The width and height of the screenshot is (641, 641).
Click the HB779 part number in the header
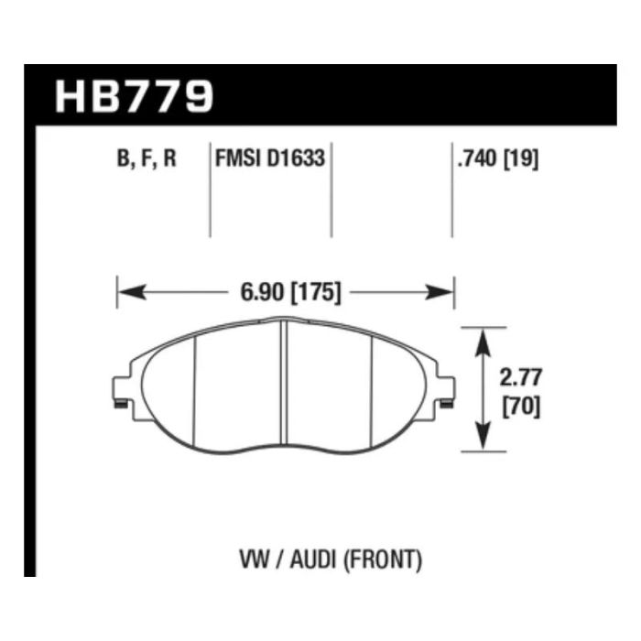pos(134,96)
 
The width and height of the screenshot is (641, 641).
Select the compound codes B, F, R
pos(147,158)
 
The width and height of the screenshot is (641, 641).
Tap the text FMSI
pos(238,158)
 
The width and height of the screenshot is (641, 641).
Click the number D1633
pos(296,158)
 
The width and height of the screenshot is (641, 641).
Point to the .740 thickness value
pos(477,158)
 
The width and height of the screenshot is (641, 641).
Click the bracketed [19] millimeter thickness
pos(521,158)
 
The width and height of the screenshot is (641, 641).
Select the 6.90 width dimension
pos(262,292)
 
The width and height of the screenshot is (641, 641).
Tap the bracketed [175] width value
pos(315,293)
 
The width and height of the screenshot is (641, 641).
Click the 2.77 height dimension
pos(520,377)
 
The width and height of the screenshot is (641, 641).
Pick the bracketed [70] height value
pos(521,407)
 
